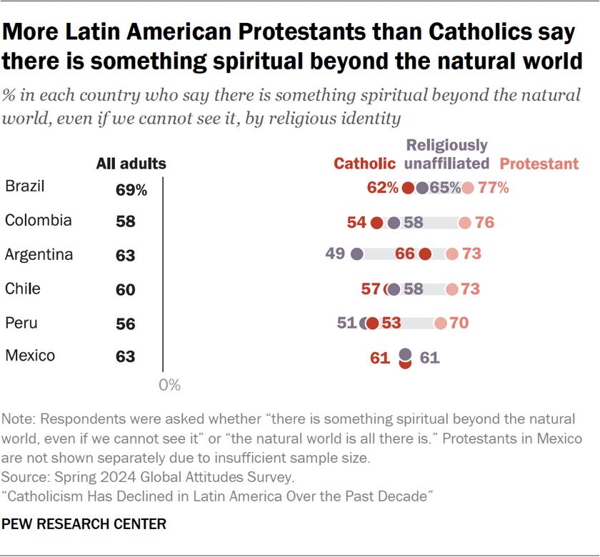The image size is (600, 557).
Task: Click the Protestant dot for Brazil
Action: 467,189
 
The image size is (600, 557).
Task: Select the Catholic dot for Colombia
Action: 377,223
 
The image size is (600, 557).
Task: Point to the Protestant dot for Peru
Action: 441,323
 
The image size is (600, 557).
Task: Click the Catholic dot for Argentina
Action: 426,254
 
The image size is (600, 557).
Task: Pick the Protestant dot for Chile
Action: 452,289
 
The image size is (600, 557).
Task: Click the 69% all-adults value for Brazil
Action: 131,190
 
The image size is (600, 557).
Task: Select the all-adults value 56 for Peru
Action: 125,323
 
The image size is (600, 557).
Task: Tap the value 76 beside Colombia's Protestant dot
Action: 484,223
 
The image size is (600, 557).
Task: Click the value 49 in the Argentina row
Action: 334,254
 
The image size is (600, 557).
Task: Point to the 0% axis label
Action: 169,386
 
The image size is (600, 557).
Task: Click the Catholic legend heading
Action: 365,164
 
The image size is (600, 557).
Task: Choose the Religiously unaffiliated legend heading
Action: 447,154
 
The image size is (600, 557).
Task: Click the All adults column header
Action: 131,164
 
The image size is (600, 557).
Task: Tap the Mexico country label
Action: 29,355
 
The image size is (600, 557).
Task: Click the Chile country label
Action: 23,288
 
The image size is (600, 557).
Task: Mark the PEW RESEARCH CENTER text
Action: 84,525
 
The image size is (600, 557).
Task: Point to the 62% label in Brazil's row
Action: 383,189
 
